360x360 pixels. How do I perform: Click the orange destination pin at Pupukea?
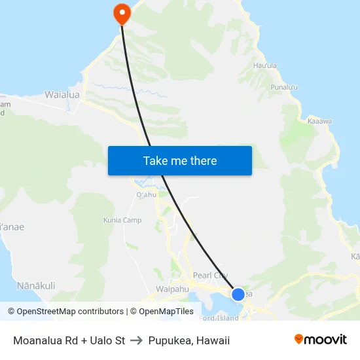coord(121,12)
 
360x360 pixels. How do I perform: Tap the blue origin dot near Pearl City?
coord(238,295)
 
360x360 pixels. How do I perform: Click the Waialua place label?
coord(62,95)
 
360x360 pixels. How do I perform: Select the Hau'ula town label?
coord(264,65)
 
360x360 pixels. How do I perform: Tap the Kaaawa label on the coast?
coord(319,121)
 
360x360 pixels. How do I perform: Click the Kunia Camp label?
coord(122,220)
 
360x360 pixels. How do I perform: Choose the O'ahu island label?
coord(146,195)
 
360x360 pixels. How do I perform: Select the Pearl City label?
coord(211,276)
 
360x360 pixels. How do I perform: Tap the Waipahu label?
coord(173,289)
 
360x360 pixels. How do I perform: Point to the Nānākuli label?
coord(36,285)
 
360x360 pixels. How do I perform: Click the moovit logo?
coord(320,340)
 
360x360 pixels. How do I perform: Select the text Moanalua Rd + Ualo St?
coord(69,340)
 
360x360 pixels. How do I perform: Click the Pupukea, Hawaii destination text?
coord(189,340)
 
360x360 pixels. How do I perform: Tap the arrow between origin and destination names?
coord(136,340)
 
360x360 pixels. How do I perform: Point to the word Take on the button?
coord(155,160)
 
